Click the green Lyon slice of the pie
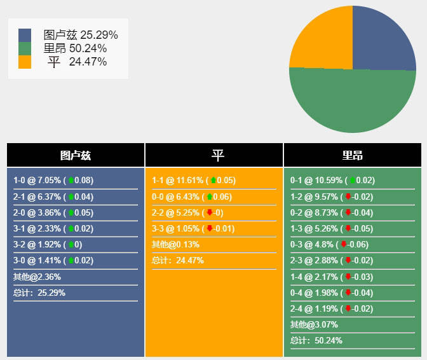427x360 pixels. [x=353, y=102]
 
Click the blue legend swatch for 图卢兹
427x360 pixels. [x=25, y=35]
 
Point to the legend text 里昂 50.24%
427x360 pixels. [x=75, y=48]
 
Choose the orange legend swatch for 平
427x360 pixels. [x=25, y=62]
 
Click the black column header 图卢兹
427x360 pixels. [x=76, y=155]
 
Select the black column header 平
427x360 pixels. [x=214, y=155]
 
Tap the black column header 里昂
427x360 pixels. [x=353, y=155]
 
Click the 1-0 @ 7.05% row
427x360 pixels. [x=53, y=181]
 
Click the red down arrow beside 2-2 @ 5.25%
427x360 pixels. [x=209, y=212]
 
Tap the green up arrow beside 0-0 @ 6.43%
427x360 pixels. [x=210, y=197]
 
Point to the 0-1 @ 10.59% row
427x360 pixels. [x=332, y=181]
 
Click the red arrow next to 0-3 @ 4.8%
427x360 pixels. [x=344, y=244]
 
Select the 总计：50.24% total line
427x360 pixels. [x=316, y=340]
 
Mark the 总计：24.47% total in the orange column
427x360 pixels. [x=178, y=260]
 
